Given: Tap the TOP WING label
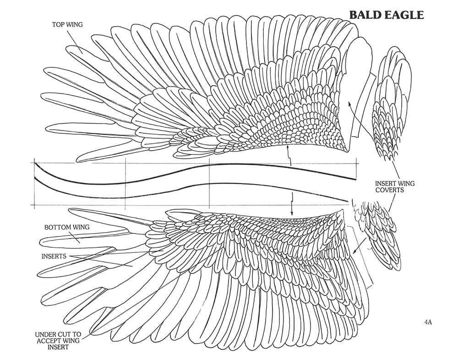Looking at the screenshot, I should click(x=67, y=25).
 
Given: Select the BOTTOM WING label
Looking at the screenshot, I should click(x=67, y=227).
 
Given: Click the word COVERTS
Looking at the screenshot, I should click(x=390, y=190).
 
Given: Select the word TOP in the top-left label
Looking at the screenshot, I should click(x=57, y=25).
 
